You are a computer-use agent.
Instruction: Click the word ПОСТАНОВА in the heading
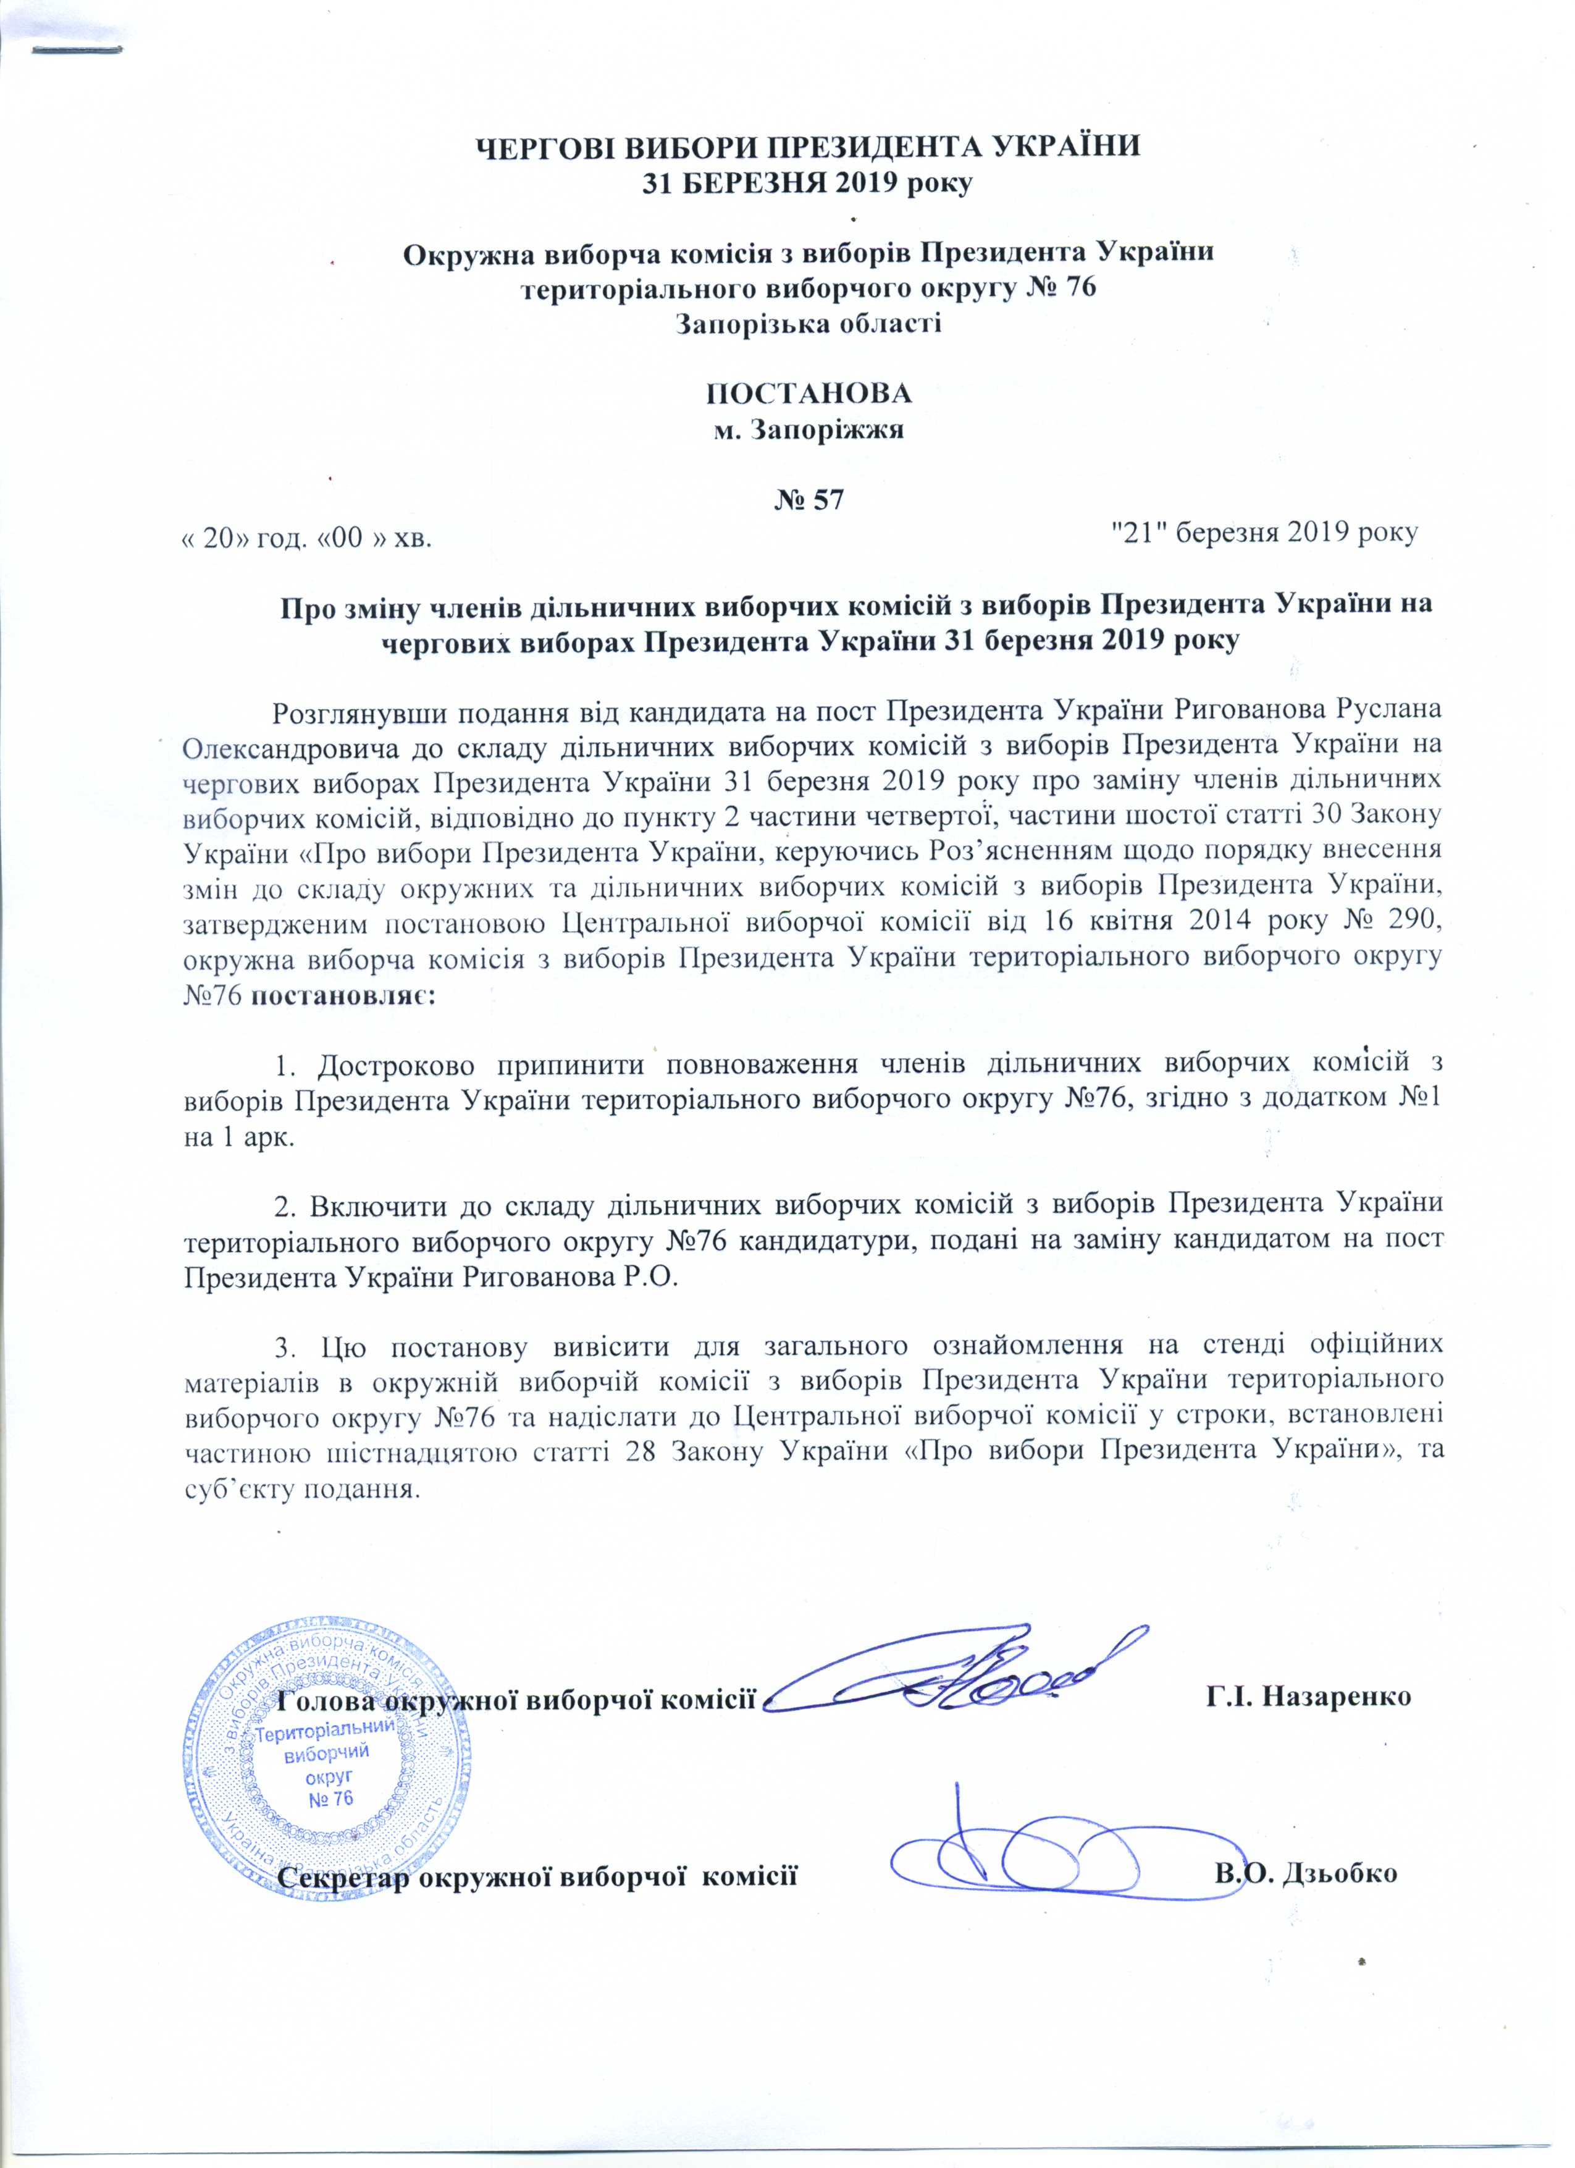click(x=807, y=394)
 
